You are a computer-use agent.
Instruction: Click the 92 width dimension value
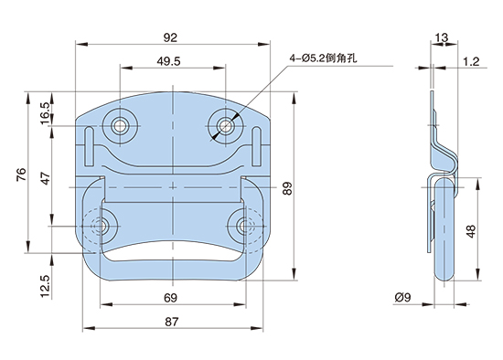pyautogui.click(x=170, y=37)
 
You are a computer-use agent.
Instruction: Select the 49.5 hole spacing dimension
pyautogui.click(x=169, y=61)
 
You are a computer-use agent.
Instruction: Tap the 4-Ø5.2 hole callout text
pyautogui.click(x=323, y=58)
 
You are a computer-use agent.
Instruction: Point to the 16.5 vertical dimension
pyautogui.click(x=45, y=113)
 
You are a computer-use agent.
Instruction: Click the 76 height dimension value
pyautogui.click(x=22, y=175)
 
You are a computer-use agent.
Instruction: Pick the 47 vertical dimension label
pyautogui.click(x=46, y=178)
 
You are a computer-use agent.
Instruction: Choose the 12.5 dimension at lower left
pyautogui.click(x=45, y=286)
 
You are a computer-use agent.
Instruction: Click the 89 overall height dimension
pyautogui.click(x=287, y=188)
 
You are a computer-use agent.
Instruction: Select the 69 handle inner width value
pyautogui.click(x=170, y=298)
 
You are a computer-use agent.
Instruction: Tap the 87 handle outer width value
pyautogui.click(x=171, y=322)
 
